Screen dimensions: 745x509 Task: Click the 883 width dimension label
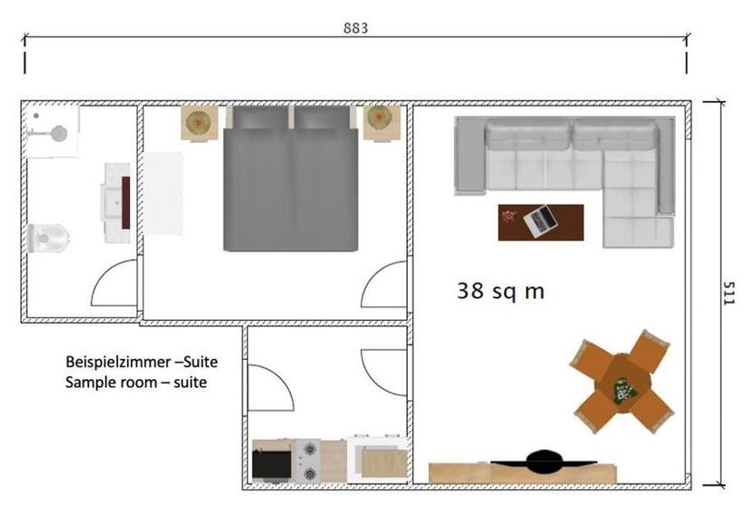tap(355, 28)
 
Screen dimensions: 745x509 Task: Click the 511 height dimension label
tap(729, 294)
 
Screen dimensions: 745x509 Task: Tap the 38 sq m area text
tap(501, 290)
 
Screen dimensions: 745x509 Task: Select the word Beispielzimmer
tap(119, 362)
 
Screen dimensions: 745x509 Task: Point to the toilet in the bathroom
tap(48, 237)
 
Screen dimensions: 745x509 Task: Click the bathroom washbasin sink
tap(114, 203)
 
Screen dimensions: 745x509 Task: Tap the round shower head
tap(59, 134)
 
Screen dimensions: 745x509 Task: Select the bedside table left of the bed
tap(200, 123)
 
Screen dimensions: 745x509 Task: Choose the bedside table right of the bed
tap(382, 123)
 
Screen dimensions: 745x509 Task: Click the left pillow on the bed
tap(261, 117)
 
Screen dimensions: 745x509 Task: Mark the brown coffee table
tap(541, 223)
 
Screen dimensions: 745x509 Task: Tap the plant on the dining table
tap(624, 391)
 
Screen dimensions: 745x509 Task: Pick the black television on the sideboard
tap(543, 462)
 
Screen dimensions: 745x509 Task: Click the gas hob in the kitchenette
tap(309, 460)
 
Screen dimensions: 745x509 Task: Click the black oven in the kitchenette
tap(272, 464)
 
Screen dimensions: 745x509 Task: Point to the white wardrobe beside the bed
tap(163, 193)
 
